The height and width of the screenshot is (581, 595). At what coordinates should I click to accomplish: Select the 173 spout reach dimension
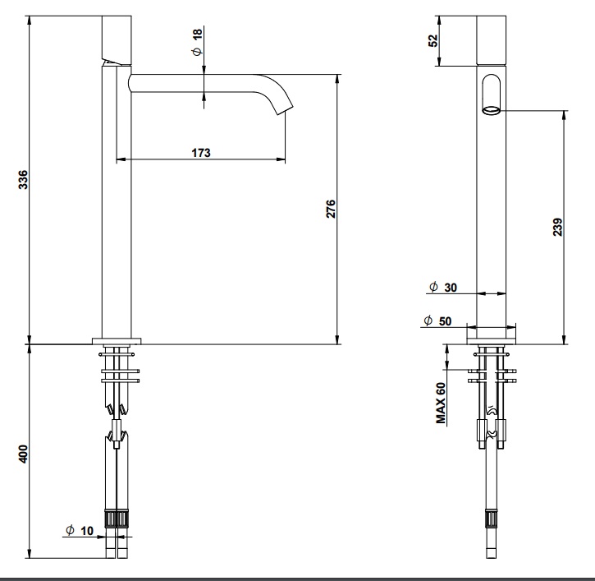(x=201, y=152)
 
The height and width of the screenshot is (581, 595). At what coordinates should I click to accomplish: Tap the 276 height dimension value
(x=331, y=210)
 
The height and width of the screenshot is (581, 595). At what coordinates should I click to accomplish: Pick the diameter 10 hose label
(x=80, y=530)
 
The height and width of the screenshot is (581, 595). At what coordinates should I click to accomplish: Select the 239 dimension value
(x=557, y=227)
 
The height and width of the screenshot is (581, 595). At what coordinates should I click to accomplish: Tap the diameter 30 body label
(x=442, y=287)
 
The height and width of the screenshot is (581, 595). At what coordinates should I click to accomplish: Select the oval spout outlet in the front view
(x=491, y=95)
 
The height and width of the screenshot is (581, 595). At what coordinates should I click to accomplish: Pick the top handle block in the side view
(x=116, y=36)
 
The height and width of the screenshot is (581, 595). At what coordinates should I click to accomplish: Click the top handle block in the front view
(x=491, y=36)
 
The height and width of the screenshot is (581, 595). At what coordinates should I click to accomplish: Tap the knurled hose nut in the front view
(x=492, y=519)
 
